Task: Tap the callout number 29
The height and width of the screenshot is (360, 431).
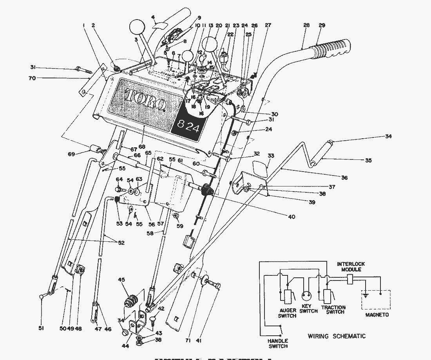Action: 322,25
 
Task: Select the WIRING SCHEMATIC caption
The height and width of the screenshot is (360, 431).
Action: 337,336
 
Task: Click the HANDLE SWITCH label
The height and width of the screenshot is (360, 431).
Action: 277,343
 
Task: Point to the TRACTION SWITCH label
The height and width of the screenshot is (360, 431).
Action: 333,309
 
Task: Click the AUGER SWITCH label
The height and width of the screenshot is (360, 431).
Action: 287,313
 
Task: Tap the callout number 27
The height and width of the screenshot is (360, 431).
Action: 268,25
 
